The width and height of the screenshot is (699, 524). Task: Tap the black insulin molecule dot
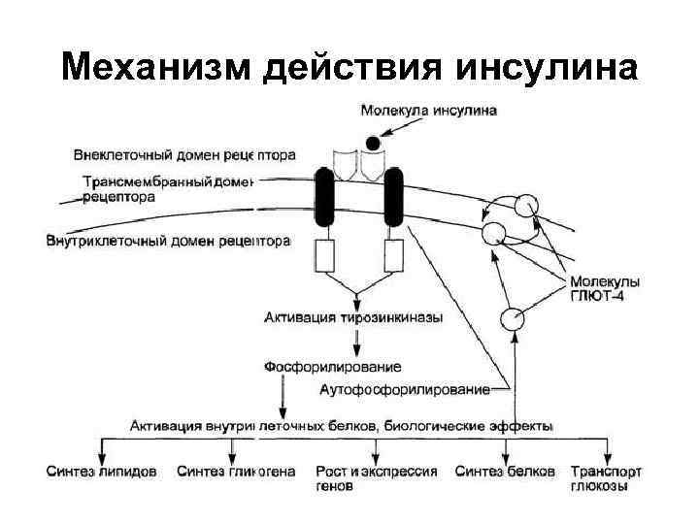[372, 143]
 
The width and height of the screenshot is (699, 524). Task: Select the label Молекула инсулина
[428, 111]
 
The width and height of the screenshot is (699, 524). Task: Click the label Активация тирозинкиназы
[353, 316]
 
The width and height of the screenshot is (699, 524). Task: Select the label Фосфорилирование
[332, 367]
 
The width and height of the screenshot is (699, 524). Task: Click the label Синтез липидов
[101, 472]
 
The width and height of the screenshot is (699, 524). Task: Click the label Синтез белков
[505, 472]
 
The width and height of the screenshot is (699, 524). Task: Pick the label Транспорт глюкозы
[606, 477]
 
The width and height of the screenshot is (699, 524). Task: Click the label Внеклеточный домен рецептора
[184, 154]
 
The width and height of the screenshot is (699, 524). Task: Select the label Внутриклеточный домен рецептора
[168, 240]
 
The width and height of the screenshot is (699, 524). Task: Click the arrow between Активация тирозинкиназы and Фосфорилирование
[357, 341]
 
